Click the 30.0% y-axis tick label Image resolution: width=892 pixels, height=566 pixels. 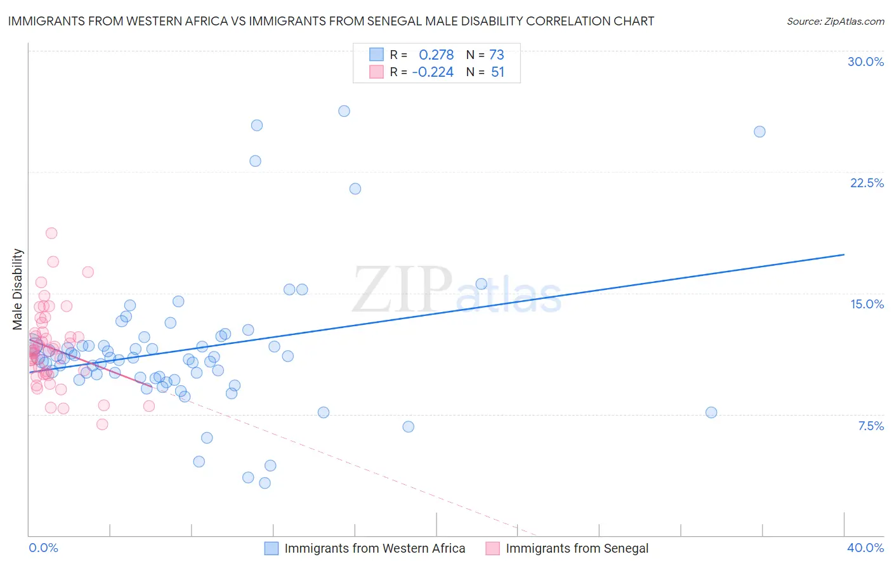tap(865, 62)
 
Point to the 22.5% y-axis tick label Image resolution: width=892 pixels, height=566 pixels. tap(867, 183)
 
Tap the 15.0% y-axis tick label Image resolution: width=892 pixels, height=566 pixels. tap(867, 304)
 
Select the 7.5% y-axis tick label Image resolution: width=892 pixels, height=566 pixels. tap(870, 426)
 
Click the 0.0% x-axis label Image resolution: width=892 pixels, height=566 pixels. tap(43, 548)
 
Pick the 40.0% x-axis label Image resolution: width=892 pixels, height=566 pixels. tap(865, 548)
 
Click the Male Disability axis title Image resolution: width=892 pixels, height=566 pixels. tap(18, 289)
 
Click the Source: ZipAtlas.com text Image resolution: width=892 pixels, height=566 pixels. tap(835, 21)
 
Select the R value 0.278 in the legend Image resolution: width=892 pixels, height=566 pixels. tap(436, 55)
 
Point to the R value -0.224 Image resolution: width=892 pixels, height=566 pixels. tap(433, 72)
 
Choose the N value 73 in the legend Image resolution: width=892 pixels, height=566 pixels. tap(496, 55)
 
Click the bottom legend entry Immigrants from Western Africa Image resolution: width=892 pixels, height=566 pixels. tap(374, 548)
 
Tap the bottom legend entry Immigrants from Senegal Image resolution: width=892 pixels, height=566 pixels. tap(577, 548)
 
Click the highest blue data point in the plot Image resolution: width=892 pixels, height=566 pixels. tap(344, 111)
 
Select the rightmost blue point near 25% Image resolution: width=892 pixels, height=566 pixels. tap(759, 132)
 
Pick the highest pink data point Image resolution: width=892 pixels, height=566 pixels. tap(51, 233)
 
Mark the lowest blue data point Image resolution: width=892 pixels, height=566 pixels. tap(265, 483)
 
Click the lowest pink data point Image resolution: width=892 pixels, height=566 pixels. tap(102, 425)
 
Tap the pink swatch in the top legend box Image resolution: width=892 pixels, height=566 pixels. tap(377, 72)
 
